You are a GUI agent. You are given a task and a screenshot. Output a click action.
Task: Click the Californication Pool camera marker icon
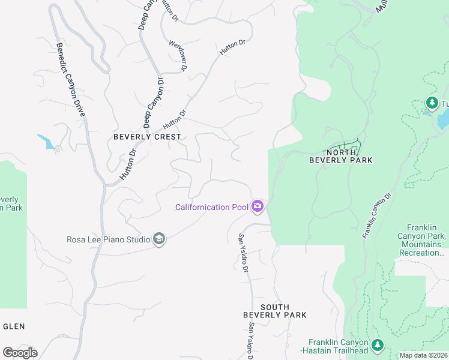pyautogui.click(x=258, y=207)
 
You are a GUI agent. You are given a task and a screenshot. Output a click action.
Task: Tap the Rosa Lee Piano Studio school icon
pyautogui.click(x=159, y=239)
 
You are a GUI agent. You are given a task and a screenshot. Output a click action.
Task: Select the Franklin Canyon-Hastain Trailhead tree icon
pyautogui.click(x=377, y=345)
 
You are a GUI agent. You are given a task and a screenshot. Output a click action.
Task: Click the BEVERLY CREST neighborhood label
pyautogui.click(x=147, y=137)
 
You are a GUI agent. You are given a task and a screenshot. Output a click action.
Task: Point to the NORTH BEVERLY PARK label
pyautogui.click(x=340, y=156)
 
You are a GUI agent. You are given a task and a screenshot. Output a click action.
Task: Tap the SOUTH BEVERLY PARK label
pyautogui.click(x=274, y=311)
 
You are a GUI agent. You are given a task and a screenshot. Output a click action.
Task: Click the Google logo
pyautogui.click(x=20, y=353)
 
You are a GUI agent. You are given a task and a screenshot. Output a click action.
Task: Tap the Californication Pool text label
pyautogui.click(x=211, y=208)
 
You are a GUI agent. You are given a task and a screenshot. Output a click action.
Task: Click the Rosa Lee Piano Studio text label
pyautogui.click(x=108, y=240)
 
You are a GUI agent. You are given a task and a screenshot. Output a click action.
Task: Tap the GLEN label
pyautogui.click(x=14, y=326)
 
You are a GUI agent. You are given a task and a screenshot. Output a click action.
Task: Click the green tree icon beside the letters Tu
pyautogui.click(x=431, y=103)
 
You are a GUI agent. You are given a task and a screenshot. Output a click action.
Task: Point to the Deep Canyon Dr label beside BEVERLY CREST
pyautogui.click(x=152, y=102)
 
